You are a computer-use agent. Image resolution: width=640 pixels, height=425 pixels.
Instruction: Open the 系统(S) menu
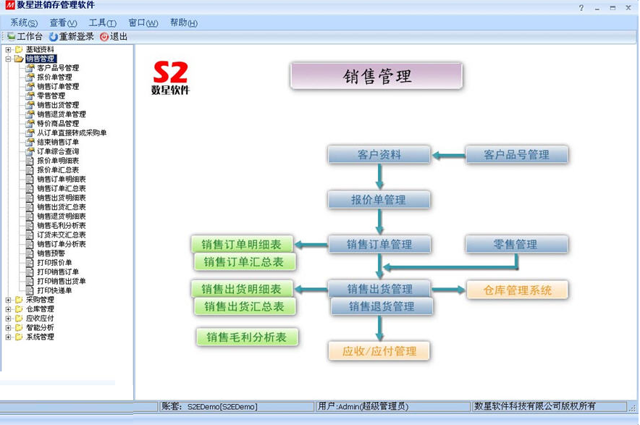point(24,23)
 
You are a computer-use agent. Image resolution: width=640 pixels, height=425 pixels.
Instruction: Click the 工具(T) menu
point(102,23)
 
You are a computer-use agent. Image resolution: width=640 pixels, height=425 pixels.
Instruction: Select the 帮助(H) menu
point(183,23)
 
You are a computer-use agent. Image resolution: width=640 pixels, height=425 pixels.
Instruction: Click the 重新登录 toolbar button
point(72,36)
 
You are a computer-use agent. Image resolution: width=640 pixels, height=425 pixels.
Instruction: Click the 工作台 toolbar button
point(25,36)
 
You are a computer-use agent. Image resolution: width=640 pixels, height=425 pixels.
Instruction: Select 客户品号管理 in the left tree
point(58,68)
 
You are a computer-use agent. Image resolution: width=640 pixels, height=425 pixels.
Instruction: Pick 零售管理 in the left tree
point(51,96)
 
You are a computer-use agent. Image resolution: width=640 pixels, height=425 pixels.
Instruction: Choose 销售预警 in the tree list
point(51,253)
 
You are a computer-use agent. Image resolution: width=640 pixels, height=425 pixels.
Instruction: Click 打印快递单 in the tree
point(54,290)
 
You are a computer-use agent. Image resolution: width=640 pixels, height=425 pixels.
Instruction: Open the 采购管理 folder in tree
point(40,300)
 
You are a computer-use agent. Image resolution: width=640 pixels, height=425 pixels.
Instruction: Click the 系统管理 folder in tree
point(40,337)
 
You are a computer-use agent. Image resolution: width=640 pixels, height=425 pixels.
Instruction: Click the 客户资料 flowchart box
point(379,155)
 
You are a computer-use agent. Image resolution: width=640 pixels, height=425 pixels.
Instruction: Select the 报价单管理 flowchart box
point(379,200)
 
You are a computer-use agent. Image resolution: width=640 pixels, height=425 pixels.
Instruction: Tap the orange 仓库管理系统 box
point(517,290)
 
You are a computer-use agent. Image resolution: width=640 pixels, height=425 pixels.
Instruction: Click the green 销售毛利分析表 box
point(247,337)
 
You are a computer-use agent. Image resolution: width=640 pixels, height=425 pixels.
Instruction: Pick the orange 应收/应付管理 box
point(379,351)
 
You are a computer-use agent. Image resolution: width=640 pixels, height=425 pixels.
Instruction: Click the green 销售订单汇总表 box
point(245,262)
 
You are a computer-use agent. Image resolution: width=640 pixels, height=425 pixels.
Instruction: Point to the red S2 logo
point(171,72)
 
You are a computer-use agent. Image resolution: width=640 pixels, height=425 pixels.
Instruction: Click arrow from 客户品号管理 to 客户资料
point(448,155)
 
